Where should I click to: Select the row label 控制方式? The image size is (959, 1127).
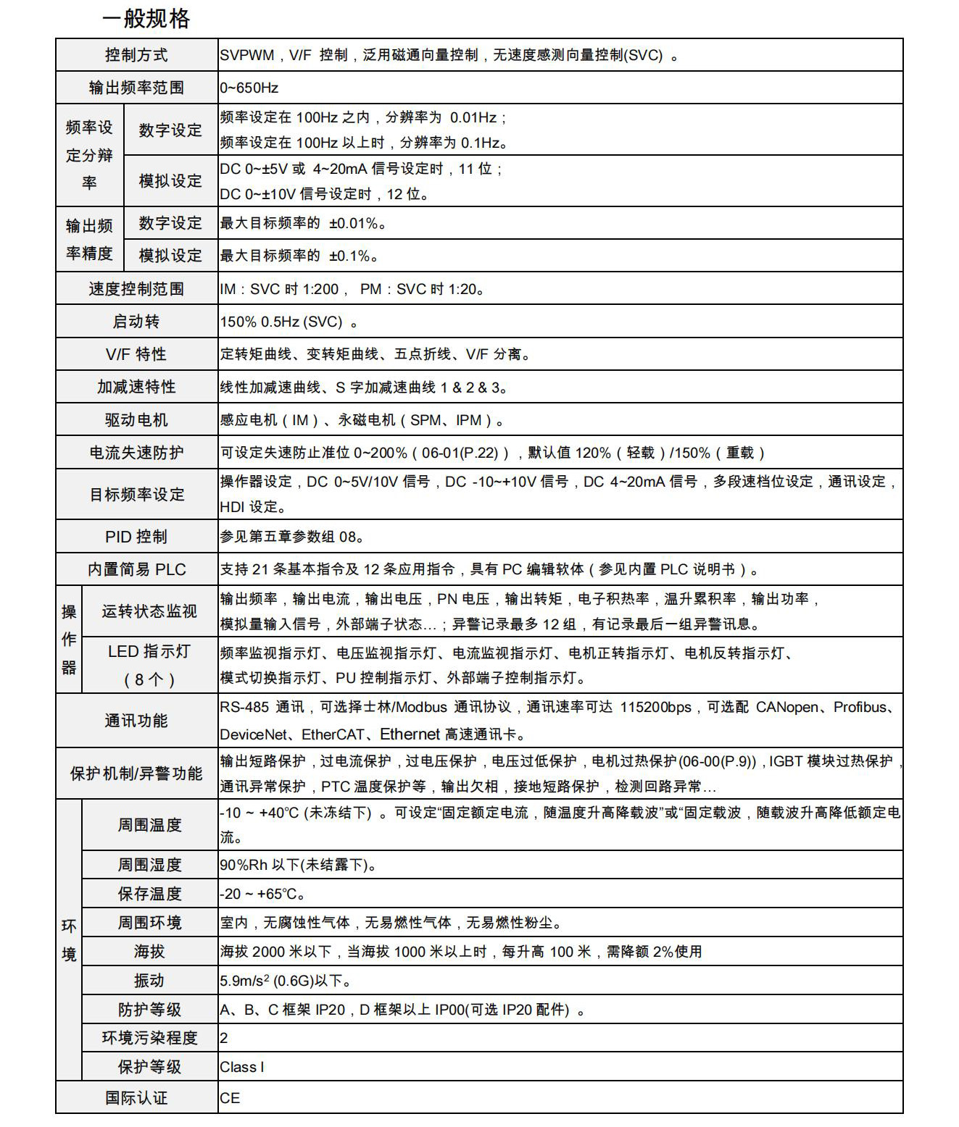pos(136,55)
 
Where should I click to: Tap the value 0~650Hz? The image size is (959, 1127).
pos(249,88)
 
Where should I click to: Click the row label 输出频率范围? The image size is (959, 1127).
pos(136,88)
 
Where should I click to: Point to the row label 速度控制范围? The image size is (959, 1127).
pos(136,289)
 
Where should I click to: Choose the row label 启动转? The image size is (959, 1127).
pos(136,322)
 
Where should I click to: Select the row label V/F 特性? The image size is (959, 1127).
pos(136,354)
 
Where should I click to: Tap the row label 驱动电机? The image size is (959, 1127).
pos(136,420)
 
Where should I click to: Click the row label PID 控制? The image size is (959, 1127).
pos(136,537)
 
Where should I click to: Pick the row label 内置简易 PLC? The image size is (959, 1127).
pos(136,570)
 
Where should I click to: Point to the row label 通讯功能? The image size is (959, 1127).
pos(136,721)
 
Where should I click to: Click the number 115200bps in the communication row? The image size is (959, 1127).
pos(655,708)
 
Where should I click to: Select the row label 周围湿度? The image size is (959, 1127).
pos(149,865)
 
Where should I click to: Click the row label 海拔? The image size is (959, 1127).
pos(149,952)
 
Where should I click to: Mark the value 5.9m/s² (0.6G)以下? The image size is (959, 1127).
pos(285,981)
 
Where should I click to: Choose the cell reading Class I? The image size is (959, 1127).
pos(242,1067)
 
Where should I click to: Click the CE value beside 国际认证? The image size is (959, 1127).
pos(230,1098)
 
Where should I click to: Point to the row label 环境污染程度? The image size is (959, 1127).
pos(149,1038)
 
